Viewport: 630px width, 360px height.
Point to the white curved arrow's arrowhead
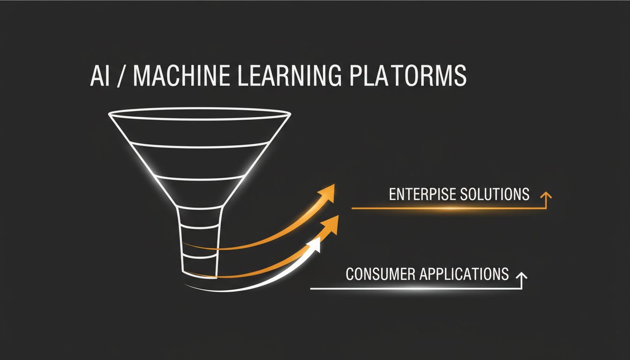[x=315, y=244]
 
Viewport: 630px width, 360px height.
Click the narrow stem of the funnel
[x=199, y=244]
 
